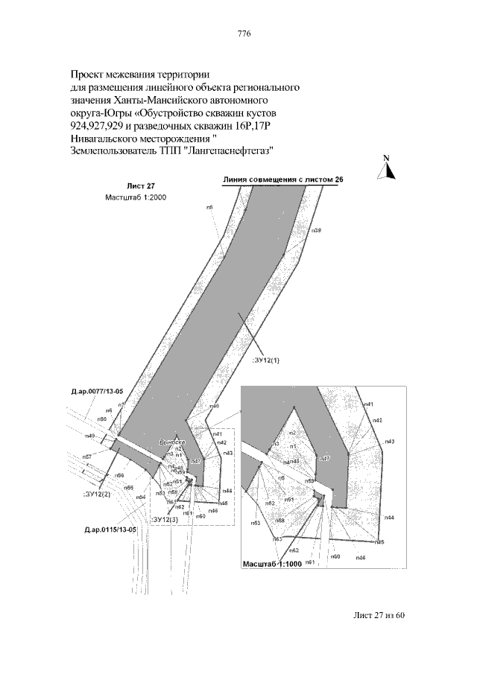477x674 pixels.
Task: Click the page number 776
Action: (243, 34)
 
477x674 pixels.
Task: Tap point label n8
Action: (209, 208)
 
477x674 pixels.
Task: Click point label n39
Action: (316, 231)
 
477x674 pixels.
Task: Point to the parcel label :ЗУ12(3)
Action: (164, 518)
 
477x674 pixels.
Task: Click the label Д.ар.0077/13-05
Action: (98, 389)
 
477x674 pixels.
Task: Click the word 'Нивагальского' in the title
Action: (106, 138)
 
